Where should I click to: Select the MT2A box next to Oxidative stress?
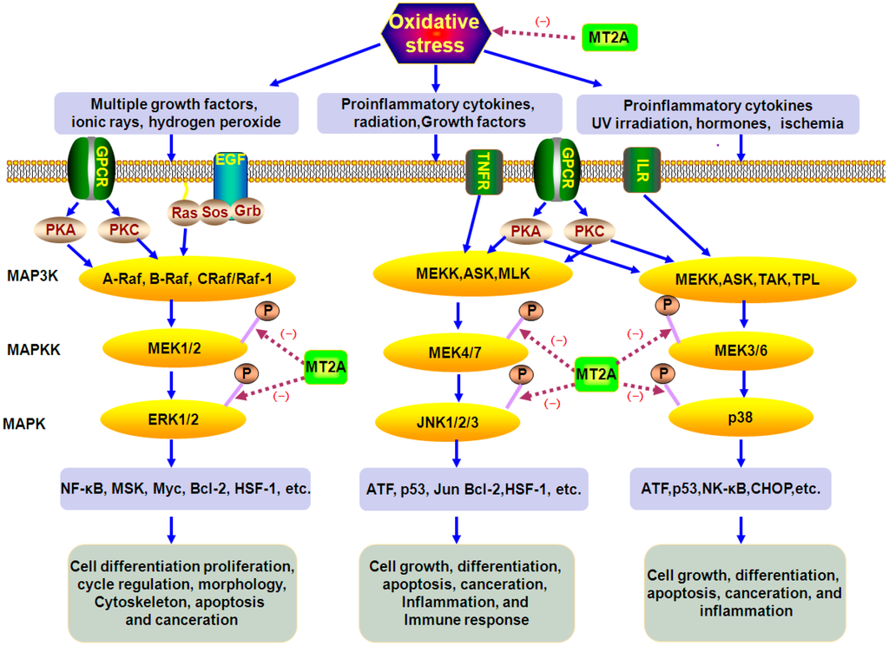[x=609, y=37]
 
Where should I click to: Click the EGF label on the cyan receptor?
[x=230, y=161]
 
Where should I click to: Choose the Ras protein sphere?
[x=183, y=211]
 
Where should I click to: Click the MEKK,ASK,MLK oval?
[x=472, y=274]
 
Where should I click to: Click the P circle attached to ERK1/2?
[x=247, y=372]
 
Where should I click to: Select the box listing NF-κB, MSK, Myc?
[x=186, y=490]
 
